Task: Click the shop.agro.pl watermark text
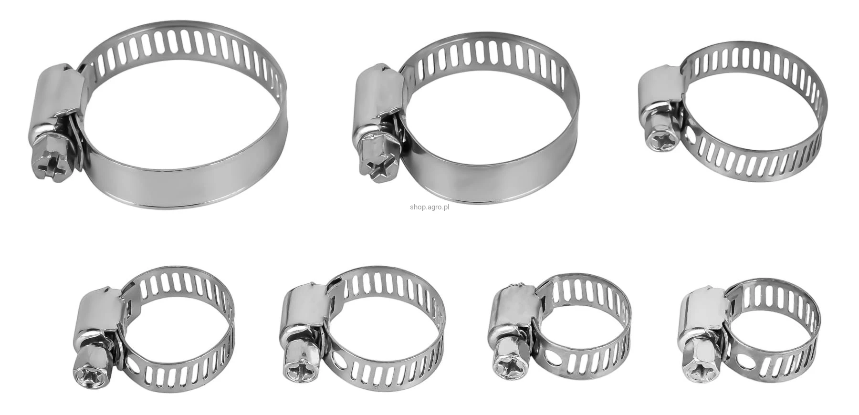point(429,207)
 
